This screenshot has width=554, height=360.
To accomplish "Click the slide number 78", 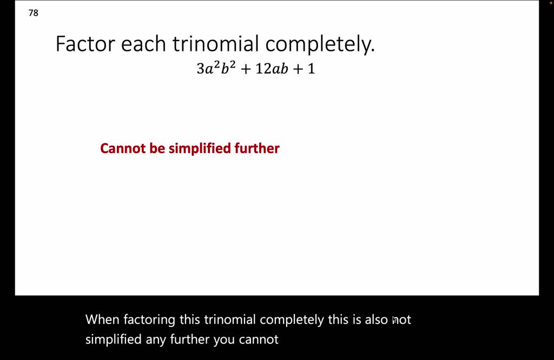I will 34,13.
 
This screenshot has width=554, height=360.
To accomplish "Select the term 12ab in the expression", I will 272,69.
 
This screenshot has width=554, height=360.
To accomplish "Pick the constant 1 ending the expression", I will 311,69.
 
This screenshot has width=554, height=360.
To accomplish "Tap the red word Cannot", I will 123,148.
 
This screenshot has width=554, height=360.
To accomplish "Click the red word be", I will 157,148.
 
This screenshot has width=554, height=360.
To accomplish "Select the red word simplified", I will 200,149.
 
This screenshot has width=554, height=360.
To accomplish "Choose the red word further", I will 257,148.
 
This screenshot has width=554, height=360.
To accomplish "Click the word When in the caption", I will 102,319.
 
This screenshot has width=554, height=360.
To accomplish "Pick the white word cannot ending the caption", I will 261,340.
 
